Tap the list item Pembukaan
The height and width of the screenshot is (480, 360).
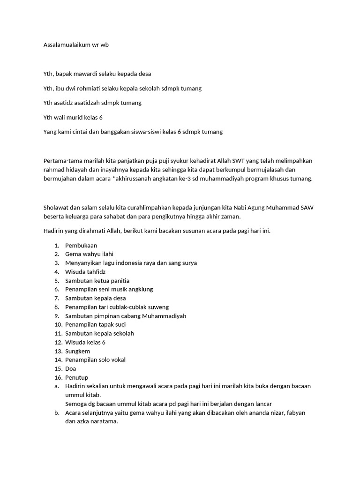click(81, 245)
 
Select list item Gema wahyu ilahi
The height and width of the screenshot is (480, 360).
click(86, 254)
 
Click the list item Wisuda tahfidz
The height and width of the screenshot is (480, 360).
click(85, 272)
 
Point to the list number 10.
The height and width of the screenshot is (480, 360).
click(58, 324)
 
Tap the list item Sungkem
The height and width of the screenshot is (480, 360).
click(78, 351)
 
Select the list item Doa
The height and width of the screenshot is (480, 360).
click(70, 368)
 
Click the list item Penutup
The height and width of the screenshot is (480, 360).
click(77, 377)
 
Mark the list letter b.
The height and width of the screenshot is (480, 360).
click(56, 412)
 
